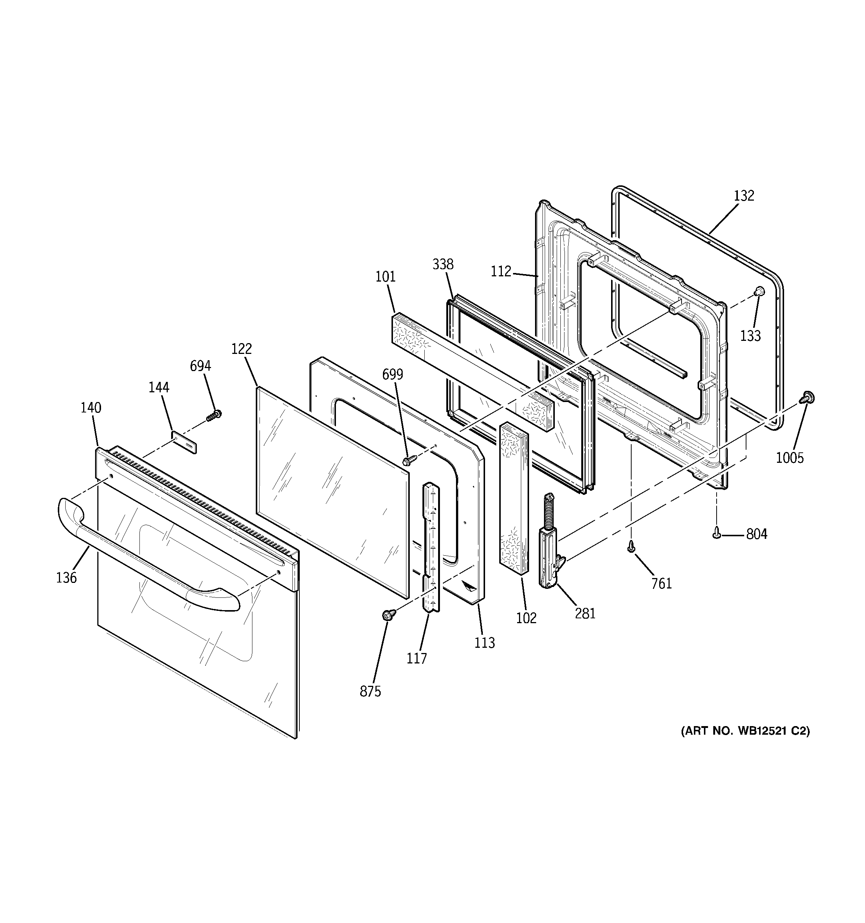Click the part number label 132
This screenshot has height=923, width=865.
click(x=744, y=196)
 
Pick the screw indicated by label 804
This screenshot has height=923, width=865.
click(x=717, y=534)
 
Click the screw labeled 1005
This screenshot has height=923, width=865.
click(x=807, y=398)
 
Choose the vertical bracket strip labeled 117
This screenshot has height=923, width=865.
click(x=430, y=548)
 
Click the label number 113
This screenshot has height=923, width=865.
click(x=484, y=643)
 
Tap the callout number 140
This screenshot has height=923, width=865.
click(x=91, y=408)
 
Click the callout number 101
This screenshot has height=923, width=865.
click(x=386, y=277)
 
